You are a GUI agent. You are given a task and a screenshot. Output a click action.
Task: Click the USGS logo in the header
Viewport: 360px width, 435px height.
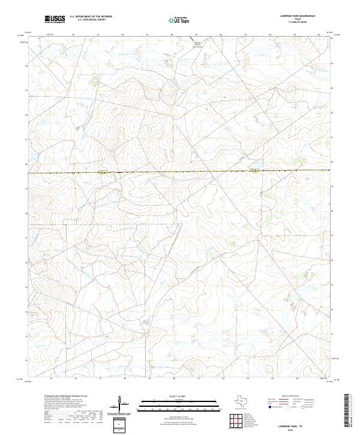[55, 20]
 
